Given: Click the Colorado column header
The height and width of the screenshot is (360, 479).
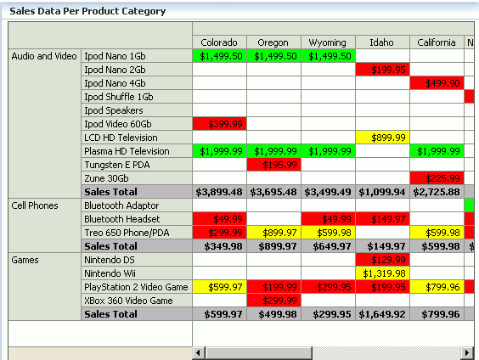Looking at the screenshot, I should click(x=220, y=42).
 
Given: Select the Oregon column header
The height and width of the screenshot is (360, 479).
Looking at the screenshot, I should click(x=273, y=42).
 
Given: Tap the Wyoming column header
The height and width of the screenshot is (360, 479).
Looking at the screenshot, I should click(x=328, y=42).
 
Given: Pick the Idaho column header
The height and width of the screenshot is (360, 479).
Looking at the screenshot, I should click(x=382, y=42).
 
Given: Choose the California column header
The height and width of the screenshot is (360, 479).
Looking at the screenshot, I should click(x=437, y=42).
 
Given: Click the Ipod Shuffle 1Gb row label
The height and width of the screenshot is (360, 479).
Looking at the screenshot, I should click(x=119, y=97).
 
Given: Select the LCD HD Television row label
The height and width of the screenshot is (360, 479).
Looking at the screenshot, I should click(x=121, y=138).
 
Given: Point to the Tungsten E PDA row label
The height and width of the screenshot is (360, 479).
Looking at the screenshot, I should click(x=117, y=165).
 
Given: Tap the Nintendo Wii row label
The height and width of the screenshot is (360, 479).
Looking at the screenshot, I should click(x=111, y=273).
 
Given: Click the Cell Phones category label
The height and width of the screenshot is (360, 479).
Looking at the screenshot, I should click(x=34, y=205).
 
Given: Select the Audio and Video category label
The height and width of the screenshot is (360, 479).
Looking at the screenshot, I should click(x=43, y=56).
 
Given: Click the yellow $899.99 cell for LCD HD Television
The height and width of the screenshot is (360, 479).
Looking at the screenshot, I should click(x=382, y=138).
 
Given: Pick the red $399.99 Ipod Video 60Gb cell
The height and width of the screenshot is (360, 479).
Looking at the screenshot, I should click(x=220, y=124).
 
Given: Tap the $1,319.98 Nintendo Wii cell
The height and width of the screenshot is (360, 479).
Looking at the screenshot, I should click(x=382, y=273).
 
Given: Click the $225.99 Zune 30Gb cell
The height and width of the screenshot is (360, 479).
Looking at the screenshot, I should click(x=437, y=178).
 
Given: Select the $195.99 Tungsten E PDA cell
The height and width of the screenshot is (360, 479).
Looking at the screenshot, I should click(x=273, y=165).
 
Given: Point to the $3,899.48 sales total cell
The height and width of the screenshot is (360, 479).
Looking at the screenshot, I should click(x=220, y=192).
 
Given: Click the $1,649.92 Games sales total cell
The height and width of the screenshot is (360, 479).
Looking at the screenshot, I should click(x=382, y=314).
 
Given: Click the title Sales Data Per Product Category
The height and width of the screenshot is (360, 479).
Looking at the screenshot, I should click(x=87, y=12).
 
